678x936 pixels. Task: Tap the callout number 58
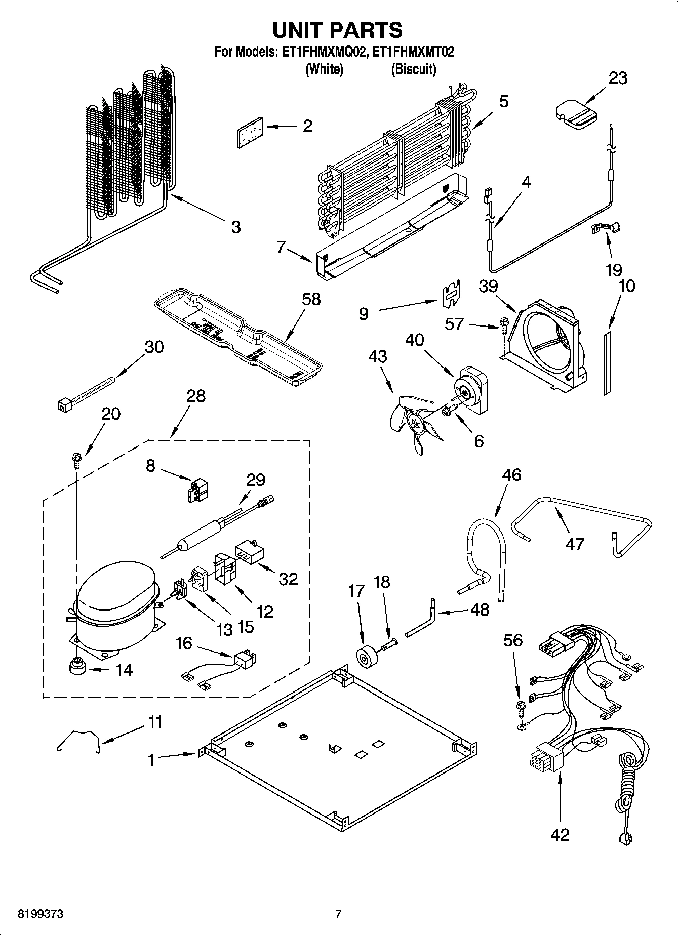coord(311,299)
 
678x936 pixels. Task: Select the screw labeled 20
coord(76,461)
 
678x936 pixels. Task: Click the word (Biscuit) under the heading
coord(413,69)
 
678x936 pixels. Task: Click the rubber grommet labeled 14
coord(77,667)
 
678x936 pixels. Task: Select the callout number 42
coord(561,834)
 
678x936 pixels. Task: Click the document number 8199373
coord(41,914)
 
